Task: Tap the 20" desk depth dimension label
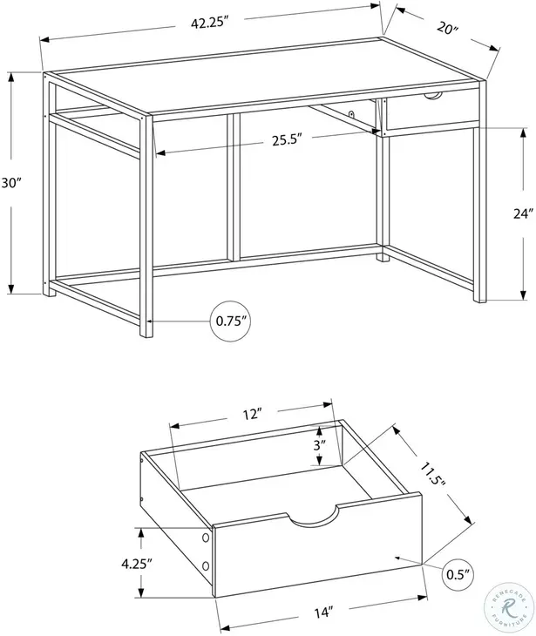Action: [x=446, y=30]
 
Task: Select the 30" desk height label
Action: [x=10, y=184]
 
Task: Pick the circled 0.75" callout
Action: [x=232, y=321]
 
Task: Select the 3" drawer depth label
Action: [x=319, y=444]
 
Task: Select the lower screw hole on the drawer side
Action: [x=206, y=567]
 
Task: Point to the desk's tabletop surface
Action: [x=261, y=83]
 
